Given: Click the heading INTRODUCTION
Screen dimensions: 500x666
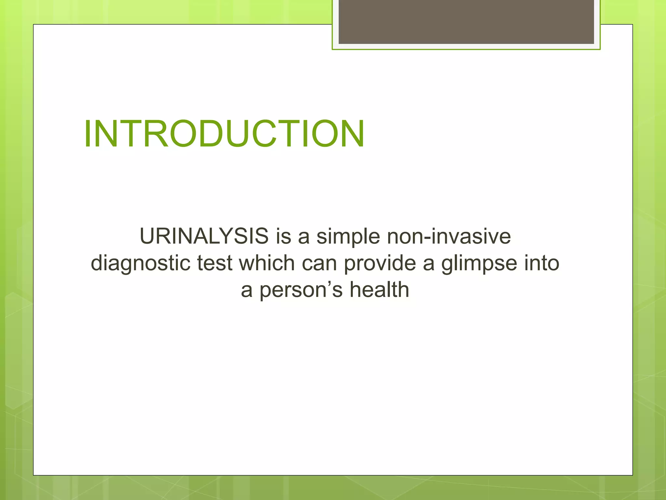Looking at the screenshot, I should (x=224, y=134).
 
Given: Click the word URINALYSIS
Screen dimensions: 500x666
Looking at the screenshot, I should (x=204, y=236).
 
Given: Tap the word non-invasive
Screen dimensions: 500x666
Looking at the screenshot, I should (x=449, y=236).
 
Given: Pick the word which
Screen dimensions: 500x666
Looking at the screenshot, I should (x=267, y=263).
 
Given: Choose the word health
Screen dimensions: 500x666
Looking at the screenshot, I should (x=379, y=290).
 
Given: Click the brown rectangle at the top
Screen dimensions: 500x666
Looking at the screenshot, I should (x=466, y=21).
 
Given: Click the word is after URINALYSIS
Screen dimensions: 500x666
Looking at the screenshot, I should (x=283, y=236).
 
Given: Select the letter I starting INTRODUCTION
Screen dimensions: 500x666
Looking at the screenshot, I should (x=87, y=134).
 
